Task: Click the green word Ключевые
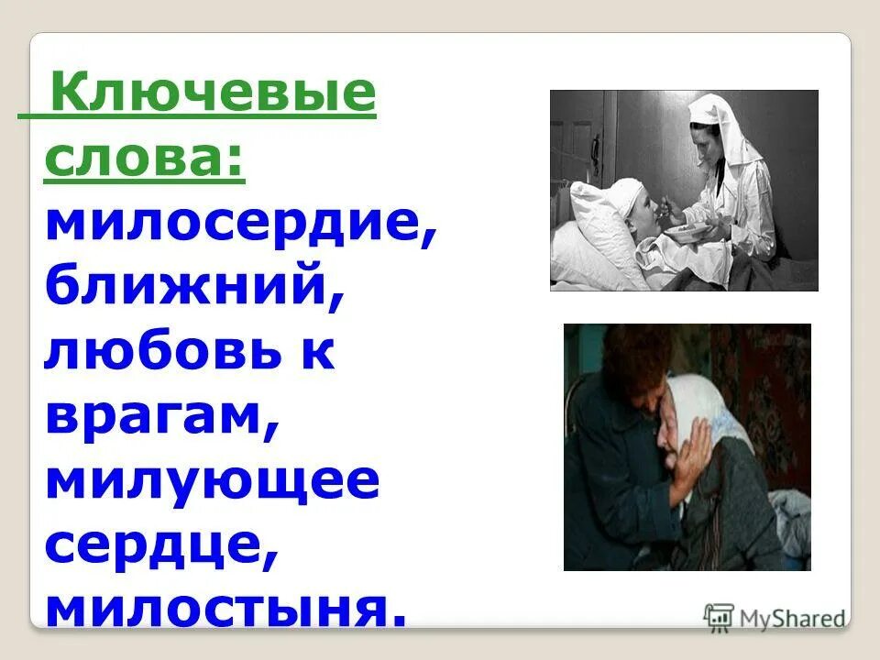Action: click(x=213, y=95)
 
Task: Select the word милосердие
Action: click(x=239, y=225)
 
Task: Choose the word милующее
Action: click(x=211, y=481)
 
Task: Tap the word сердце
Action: click(x=161, y=545)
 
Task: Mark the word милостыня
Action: click(x=225, y=609)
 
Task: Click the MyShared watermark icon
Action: click(x=719, y=617)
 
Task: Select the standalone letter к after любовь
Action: click(x=318, y=353)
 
